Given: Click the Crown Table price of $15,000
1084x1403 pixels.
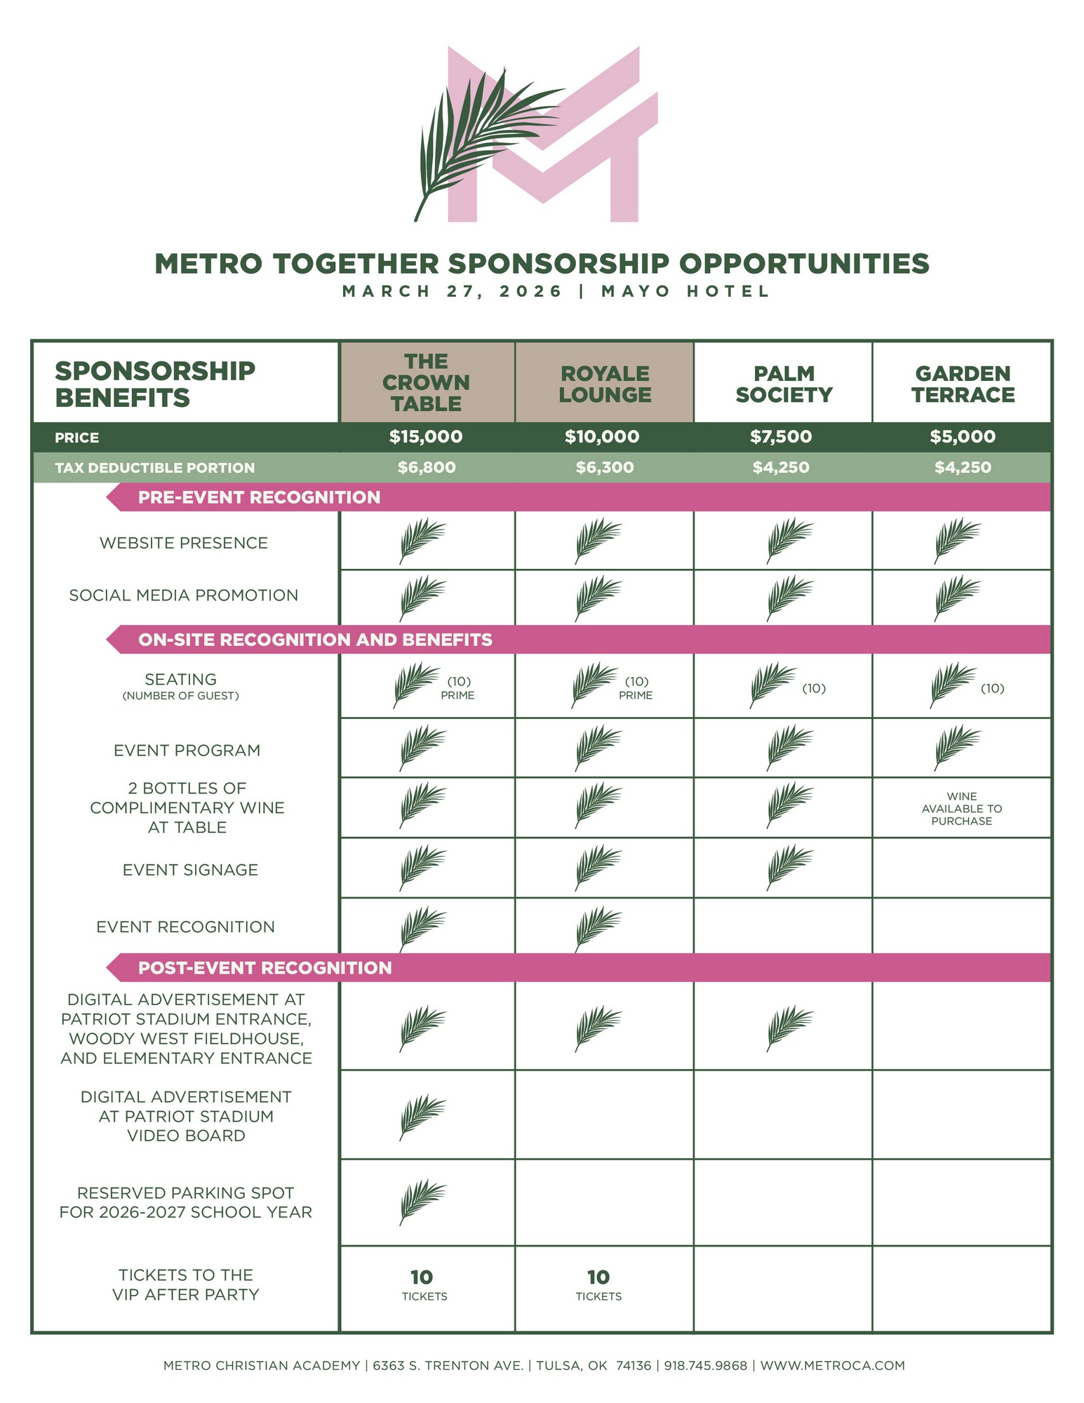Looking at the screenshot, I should [426, 437].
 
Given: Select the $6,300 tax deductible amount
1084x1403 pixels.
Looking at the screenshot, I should [604, 467].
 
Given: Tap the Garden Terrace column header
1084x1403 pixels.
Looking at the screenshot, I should [963, 384].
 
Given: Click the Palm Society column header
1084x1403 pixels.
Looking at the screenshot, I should [784, 384].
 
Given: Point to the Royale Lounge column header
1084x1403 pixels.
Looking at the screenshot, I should [605, 384].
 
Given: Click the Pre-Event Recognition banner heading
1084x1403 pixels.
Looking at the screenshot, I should [259, 497].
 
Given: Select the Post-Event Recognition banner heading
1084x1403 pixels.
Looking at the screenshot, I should [265, 968].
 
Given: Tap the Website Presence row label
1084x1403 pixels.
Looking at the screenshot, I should [184, 543].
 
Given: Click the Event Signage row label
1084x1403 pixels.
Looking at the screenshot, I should [190, 870].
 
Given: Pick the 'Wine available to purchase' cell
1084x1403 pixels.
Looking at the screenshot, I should [962, 809].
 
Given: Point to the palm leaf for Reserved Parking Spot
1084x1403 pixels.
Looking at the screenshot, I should [422, 1201].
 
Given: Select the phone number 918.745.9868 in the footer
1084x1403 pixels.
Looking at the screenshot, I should [706, 1366].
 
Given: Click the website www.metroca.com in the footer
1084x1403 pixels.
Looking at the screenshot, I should [833, 1366].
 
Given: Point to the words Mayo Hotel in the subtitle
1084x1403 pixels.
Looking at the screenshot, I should [685, 291].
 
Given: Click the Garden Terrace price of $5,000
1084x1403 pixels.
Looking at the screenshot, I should [963, 437].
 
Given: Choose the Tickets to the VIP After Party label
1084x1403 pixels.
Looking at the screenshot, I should [186, 1284].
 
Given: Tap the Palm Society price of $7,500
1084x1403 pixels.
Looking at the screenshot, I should [781, 437].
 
